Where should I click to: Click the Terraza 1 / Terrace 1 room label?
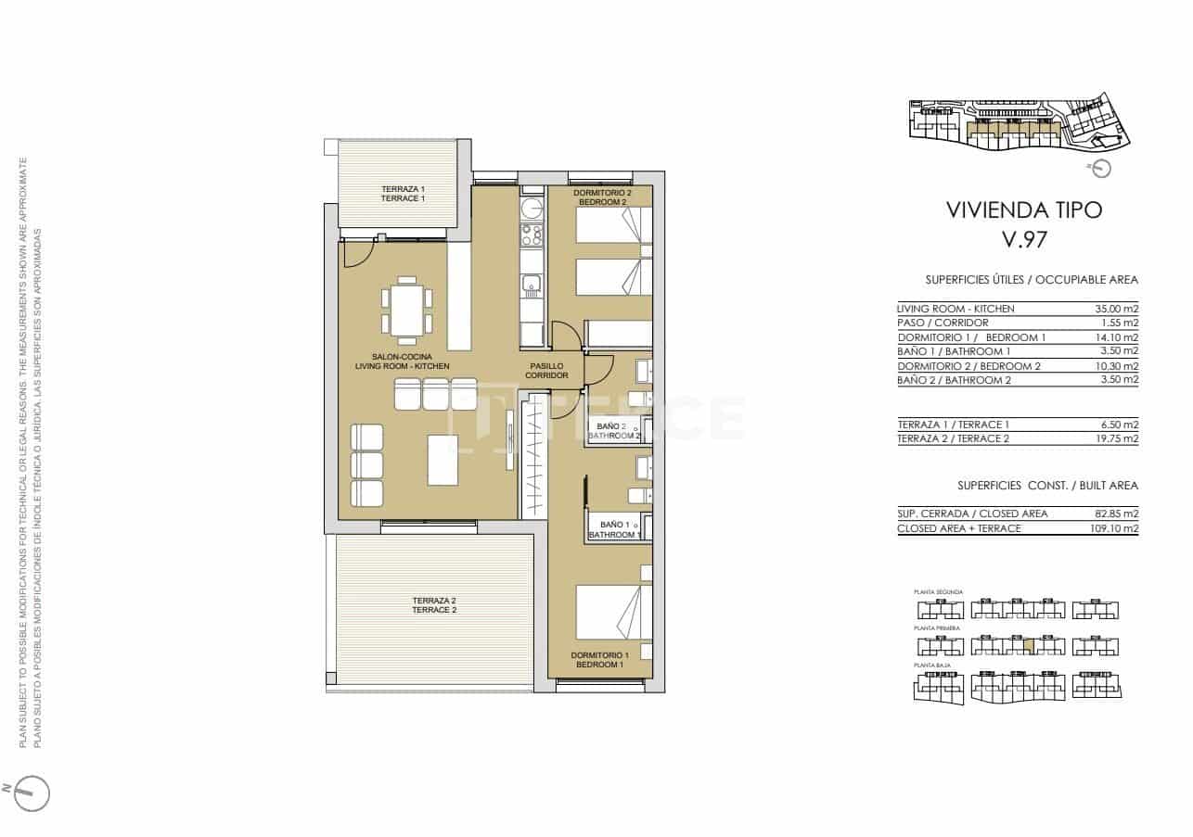(403, 194)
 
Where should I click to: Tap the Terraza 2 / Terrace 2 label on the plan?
(434, 605)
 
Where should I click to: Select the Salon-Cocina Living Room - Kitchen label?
(403, 361)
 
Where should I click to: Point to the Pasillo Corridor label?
(546, 371)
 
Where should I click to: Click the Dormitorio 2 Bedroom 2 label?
(602, 197)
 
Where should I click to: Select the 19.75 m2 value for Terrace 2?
(1116, 438)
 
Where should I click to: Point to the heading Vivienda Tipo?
(1023, 209)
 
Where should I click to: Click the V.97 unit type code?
(1024, 240)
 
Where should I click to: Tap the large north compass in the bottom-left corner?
(32, 793)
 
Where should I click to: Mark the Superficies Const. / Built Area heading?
(1047, 485)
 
